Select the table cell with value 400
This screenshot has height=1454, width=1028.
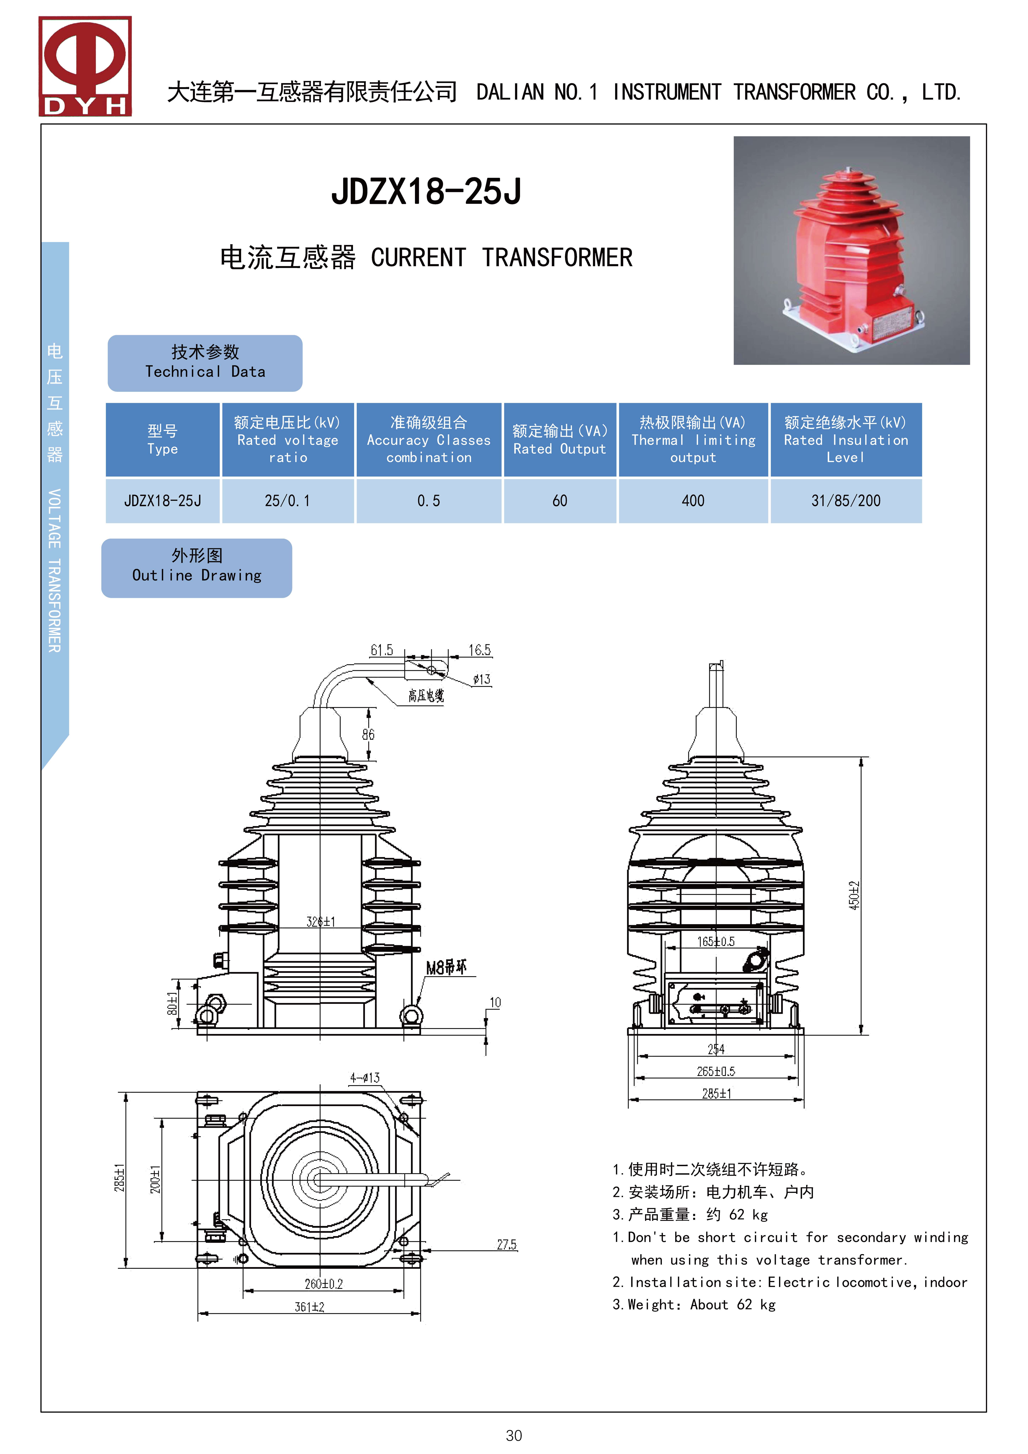[693, 501]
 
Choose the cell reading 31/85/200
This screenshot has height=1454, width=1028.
[846, 501]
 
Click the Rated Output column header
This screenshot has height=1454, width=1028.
[560, 439]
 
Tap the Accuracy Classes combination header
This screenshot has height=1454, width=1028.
[429, 439]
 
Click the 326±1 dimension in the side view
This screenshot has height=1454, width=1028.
[321, 921]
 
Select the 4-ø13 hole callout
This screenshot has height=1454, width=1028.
[365, 1077]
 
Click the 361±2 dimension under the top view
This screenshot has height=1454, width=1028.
[309, 1307]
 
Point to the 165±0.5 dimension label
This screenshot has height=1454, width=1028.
[716, 942]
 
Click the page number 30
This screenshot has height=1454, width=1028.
[514, 1435]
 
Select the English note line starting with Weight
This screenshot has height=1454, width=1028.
[694, 1305]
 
